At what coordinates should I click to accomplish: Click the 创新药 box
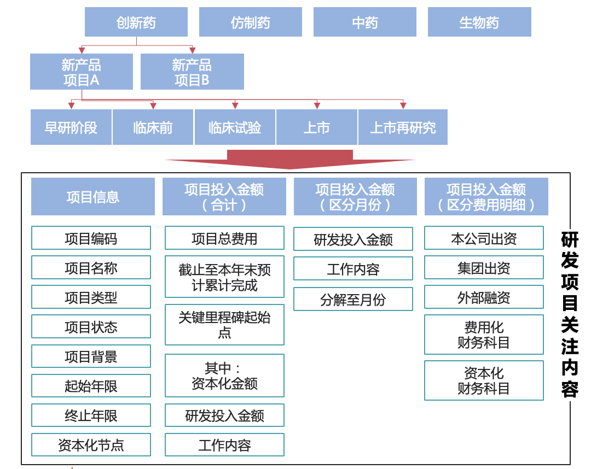point(136,22)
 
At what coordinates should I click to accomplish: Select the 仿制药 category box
point(250,22)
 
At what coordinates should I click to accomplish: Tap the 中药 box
point(364,22)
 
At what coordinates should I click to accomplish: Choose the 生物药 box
point(479,22)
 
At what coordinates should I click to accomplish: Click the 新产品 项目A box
point(82,72)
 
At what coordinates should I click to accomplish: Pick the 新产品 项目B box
point(192,72)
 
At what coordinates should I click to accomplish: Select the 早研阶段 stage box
point(71,127)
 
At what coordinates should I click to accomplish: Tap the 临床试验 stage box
point(235,127)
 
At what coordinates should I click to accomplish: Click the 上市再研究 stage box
point(403,127)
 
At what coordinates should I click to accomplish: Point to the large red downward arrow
point(290,160)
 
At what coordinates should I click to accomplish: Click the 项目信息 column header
point(92,197)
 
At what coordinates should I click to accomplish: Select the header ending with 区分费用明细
point(486,197)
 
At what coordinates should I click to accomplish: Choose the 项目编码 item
point(91,238)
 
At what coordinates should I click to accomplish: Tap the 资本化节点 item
point(91,445)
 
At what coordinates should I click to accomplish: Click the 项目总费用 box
point(224,238)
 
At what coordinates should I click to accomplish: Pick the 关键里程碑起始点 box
point(224,325)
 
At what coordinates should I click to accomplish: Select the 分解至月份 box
point(353,300)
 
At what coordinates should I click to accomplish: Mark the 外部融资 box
point(484,297)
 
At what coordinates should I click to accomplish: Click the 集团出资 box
point(484,268)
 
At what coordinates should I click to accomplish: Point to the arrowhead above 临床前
point(153,105)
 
